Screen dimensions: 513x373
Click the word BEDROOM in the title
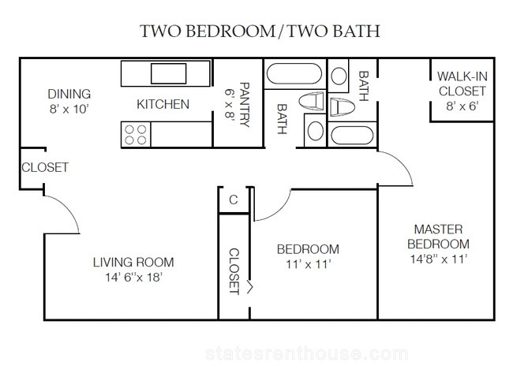231,31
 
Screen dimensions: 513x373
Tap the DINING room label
69,94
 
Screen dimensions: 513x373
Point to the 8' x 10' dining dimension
69,109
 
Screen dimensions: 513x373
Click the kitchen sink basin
168,73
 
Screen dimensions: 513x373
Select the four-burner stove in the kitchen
136,135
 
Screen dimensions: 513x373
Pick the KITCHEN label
163,104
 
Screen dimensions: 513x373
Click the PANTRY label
245,104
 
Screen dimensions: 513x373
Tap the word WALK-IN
462,76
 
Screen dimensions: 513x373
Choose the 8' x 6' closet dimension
462,106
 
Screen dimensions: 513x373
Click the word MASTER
438,229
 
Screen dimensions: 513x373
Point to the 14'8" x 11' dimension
438,259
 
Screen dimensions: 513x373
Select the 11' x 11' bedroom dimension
308,264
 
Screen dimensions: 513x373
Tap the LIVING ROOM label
133,262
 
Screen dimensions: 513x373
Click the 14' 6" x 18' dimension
133,278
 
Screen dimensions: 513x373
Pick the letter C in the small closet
234,200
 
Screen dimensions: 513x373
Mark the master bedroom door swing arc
403,162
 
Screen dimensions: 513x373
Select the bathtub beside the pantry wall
294,74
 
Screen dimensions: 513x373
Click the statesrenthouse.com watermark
307,354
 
